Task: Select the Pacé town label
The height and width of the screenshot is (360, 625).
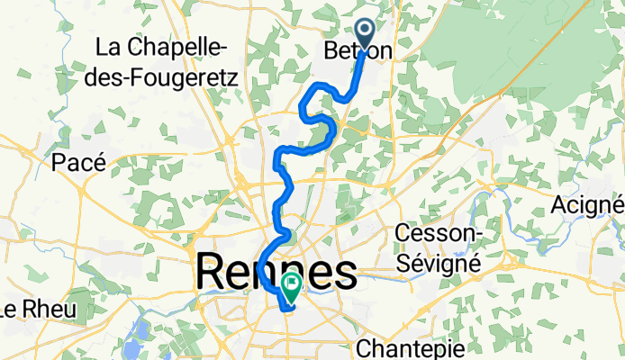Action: tap(78, 162)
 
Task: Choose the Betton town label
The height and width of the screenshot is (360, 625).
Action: tap(358, 53)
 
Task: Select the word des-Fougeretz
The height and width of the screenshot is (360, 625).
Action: tap(164, 77)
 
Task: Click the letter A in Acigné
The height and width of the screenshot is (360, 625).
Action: tap(560, 205)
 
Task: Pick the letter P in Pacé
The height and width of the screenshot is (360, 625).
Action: tap(59, 162)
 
